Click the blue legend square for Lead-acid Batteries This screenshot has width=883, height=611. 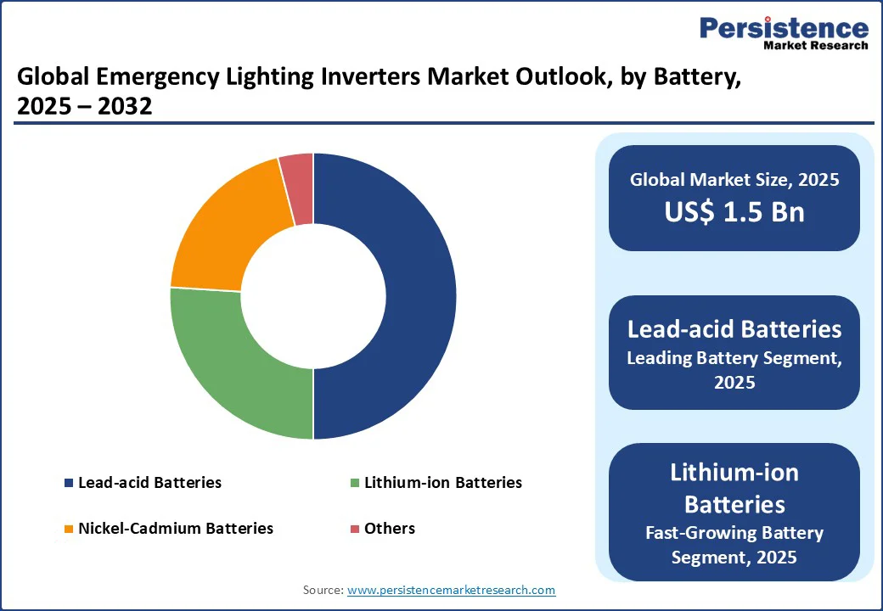pyautogui.click(x=68, y=483)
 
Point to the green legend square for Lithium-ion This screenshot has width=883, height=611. pyautogui.click(x=354, y=483)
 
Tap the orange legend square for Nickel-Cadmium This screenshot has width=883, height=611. pyautogui.click(x=68, y=529)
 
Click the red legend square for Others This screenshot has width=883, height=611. pyautogui.click(x=354, y=529)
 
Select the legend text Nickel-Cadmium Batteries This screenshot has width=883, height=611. pyautogui.click(x=176, y=528)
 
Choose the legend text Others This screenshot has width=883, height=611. pyautogui.click(x=390, y=528)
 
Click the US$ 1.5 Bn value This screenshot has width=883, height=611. pyautogui.click(x=734, y=212)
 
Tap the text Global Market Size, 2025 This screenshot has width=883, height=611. pyautogui.click(x=734, y=180)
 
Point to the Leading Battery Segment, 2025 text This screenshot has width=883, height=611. pyautogui.click(x=734, y=370)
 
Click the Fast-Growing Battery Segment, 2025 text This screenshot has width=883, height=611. pyautogui.click(x=734, y=545)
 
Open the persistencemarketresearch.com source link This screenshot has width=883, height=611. pyautogui.click(x=451, y=590)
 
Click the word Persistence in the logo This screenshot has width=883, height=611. pyautogui.click(x=784, y=27)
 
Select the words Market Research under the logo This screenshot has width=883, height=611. pyautogui.click(x=816, y=45)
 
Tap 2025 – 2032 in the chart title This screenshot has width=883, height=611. pyautogui.click(x=85, y=108)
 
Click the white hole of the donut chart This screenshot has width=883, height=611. pyautogui.click(x=313, y=296)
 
